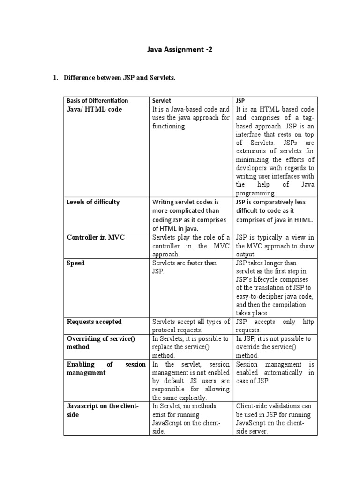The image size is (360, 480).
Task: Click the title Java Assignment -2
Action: coord(180,49)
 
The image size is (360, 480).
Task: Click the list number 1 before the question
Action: coord(55,77)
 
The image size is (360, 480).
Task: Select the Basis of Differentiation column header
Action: coord(97,101)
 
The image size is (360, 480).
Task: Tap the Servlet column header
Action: coord(161,101)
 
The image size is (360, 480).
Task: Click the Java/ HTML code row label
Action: coord(94,109)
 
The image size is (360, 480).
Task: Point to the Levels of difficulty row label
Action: coord(93,202)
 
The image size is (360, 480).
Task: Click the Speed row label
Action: coord(76,263)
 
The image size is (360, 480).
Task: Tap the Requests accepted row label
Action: coord(94,322)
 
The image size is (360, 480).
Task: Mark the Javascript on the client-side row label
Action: coord(103,410)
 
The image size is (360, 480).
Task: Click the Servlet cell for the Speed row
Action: coord(184,267)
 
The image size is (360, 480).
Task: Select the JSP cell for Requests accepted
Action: coord(275,326)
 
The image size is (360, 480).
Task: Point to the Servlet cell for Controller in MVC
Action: coord(191,246)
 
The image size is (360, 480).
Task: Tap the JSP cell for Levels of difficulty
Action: coord(274,211)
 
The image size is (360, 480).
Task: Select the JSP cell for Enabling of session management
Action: coord(275,372)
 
